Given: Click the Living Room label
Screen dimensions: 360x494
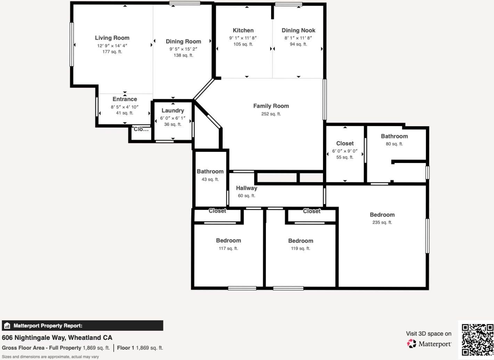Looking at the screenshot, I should tap(112, 38).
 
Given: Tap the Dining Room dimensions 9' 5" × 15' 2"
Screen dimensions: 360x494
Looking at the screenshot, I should tap(183, 49).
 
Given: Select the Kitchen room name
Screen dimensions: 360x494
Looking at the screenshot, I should tap(243, 31).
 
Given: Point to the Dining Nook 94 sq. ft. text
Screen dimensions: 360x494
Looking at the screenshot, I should tap(298, 44).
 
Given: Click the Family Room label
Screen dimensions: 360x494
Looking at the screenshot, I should tap(271, 106).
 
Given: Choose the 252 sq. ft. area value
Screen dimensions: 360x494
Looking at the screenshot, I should tap(271, 114).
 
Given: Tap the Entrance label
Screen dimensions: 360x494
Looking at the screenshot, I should tap(124, 99).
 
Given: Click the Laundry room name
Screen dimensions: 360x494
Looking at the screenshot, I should tap(172, 111).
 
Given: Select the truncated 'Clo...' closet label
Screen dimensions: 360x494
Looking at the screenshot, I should tap(141, 129).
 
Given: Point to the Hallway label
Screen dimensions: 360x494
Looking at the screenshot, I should tap(246, 188).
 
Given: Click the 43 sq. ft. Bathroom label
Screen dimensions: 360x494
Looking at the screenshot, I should tap(210, 171).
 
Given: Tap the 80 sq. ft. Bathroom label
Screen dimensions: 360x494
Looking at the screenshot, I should tap(394, 136).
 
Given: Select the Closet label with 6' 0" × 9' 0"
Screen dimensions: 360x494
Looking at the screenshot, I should tap(345, 144).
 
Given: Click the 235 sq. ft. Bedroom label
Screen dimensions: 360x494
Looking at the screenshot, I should tap(382, 215).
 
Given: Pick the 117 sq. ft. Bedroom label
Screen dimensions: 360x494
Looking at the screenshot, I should tap(228, 240).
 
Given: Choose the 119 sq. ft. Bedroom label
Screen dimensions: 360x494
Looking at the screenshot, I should tap(300, 241).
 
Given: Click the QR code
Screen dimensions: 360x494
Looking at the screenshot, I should tap(477, 339).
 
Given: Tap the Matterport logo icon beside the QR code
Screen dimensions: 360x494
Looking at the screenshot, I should tap(412, 344).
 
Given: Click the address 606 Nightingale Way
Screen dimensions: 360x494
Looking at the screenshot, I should tap(57, 338).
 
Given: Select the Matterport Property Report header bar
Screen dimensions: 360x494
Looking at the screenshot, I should tap(82, 326).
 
